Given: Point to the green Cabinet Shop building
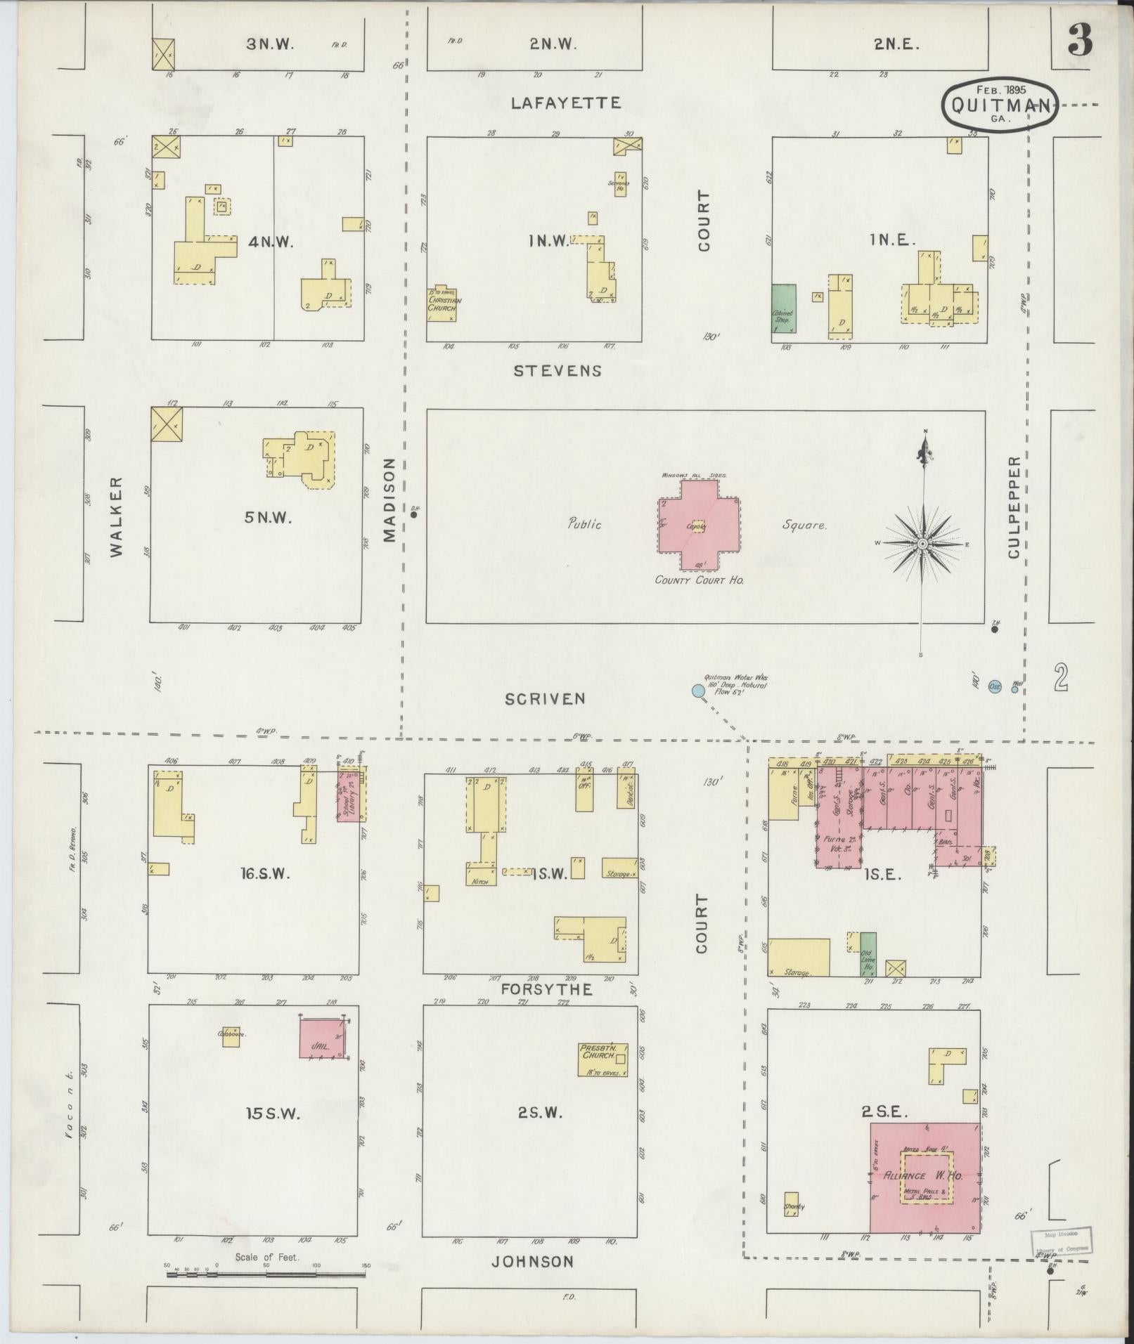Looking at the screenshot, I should click(784, 308).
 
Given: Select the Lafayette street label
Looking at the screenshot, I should click(566, 103).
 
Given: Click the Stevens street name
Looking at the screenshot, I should click(558, 370).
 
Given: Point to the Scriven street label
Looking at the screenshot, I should click(545, 698).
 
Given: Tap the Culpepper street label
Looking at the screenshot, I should click(1013, 507).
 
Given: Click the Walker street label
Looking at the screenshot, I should click(117, 517).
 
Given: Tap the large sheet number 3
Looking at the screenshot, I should click(1080, 42).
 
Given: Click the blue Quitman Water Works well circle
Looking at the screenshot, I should click(698, 691).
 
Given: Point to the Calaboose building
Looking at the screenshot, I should click(231, 1036).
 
